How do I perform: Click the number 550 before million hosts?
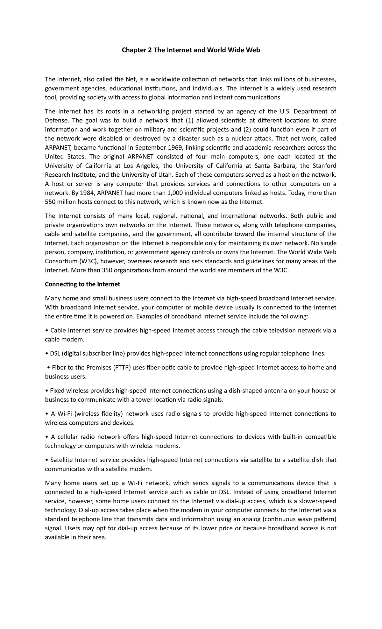click(50, 202)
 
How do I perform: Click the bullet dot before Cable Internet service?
click(47, 331)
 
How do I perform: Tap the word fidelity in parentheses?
click(114, 414)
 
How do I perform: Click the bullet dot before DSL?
click(47, 354)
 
